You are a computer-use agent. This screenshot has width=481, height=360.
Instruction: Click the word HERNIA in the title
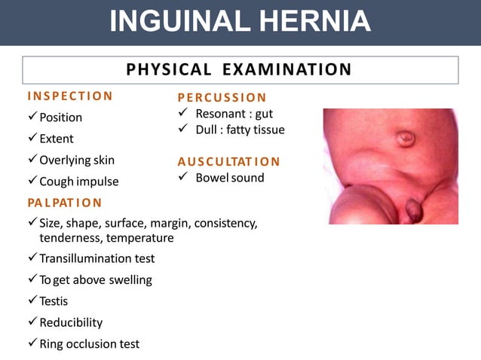[x=311, y=21]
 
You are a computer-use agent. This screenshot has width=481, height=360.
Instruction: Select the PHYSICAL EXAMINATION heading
[x=239, y=70]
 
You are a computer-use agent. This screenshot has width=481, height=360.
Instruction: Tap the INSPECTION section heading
[x=70, y=96]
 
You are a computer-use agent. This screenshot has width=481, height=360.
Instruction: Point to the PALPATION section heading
[x=65, y=203]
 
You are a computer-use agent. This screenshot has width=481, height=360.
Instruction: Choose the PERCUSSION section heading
[x=222, y=97]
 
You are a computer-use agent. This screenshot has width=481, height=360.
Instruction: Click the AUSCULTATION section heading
[x=228, y=161]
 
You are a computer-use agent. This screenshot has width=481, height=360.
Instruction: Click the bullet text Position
[x=60, y=117]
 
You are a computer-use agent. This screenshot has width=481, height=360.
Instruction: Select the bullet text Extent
[x=57, y=139]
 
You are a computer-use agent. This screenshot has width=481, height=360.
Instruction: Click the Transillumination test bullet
[x=97, y=258]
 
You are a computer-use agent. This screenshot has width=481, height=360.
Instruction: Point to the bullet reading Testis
[x=54, y=301]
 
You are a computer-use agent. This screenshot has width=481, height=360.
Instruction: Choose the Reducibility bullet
[x=71, y=322]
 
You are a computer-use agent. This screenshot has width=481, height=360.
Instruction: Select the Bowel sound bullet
[x=229, y=178]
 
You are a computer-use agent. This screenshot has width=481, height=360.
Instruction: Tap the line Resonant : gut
[x=234, y=114]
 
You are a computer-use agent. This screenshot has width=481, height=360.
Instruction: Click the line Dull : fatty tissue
[x=240, y=130]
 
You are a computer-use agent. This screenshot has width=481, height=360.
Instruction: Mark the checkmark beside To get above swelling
[x=32, y=279]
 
